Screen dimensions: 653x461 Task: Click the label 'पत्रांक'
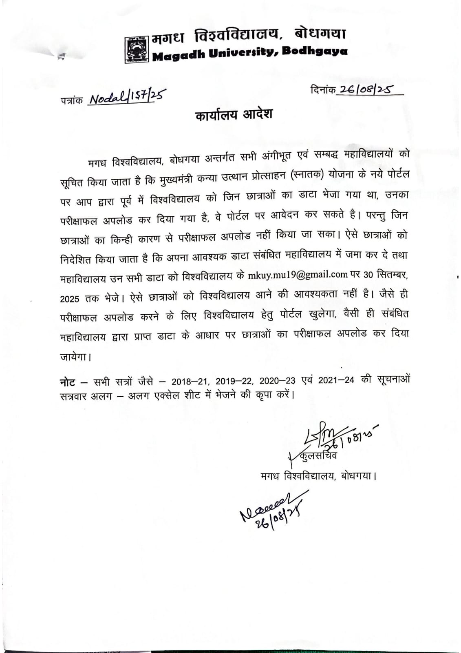(x=71, y=100)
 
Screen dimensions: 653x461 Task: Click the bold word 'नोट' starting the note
(x=68, y=382)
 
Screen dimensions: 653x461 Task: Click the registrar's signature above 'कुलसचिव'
(x=322, y=437)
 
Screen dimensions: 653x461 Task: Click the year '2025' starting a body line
(x=70, y=298)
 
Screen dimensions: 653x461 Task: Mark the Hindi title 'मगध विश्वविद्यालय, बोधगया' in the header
(x=248, y=36)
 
